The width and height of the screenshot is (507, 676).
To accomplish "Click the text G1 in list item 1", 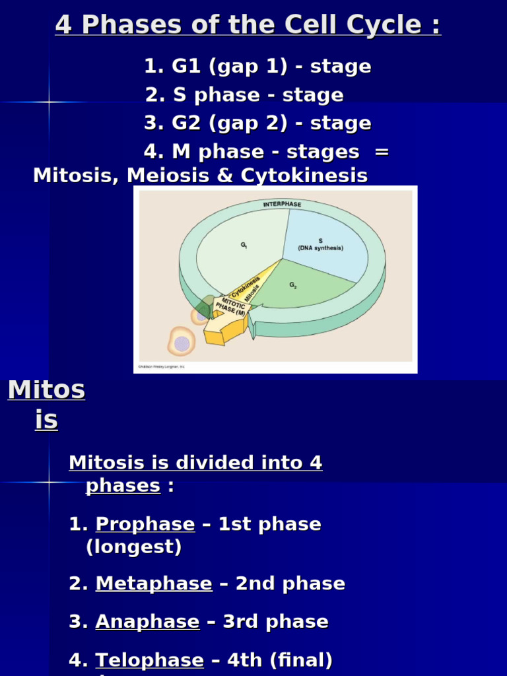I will pyautogui.click(x=185, y=67).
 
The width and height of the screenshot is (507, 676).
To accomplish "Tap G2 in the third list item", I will pyautogui.click(x=185, y=123).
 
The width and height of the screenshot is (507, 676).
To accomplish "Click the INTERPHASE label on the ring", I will pyautogui.click(x=282, y=205).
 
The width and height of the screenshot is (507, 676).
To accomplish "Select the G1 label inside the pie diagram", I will pyautogui.click(x=244, y=245).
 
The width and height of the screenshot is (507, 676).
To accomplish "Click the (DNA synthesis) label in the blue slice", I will pyautogui.click(x=321, y=248).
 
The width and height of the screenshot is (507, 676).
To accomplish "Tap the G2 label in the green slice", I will pyautogui.click(x=293, y=285).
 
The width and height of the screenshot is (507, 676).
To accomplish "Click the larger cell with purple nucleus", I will pyautogui.click(x=181, y=343).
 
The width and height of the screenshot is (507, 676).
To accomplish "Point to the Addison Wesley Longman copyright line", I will pyautogui.click(x=162, y=366).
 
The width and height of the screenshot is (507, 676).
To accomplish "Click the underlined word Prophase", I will pyautogui.click(x=145, y=525).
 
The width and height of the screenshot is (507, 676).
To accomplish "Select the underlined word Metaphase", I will pyautogui.click(x=154, y=584).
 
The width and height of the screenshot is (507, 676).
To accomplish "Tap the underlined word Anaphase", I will pyautogui.click(x=147, y=622).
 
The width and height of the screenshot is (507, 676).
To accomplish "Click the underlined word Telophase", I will pyautogui.click(x=150, y=660).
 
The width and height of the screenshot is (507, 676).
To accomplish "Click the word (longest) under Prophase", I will pyautogui.click(x=134, y=547).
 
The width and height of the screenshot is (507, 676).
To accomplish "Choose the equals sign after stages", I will pyautogui.click(x=382, y=152).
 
